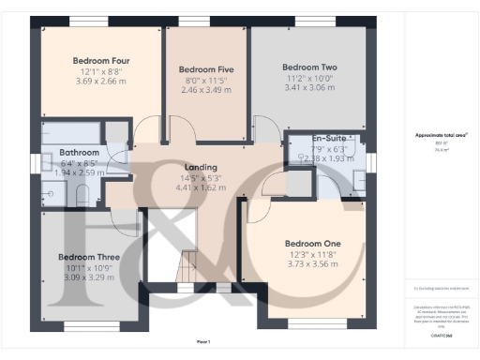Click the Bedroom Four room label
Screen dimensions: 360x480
tap(101, 62)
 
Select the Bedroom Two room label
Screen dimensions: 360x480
tap(309, 67)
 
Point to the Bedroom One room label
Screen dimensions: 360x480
tap(312, 244)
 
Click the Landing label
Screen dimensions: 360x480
tap(202, 167)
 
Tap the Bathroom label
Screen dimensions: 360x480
tap(80, 152)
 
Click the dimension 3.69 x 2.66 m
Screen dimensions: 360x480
tap(101, 82)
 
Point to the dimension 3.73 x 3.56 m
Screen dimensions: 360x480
tap(312, 264)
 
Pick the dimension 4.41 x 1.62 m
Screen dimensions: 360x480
tap(202, 187)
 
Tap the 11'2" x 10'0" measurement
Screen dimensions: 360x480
tap(309, 78)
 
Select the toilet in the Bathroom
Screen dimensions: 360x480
tap(82, 195)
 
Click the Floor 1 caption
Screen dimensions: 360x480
tap(203, 340)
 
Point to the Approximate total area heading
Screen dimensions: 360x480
tap(442, 135)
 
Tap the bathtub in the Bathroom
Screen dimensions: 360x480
tap(71, 130)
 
